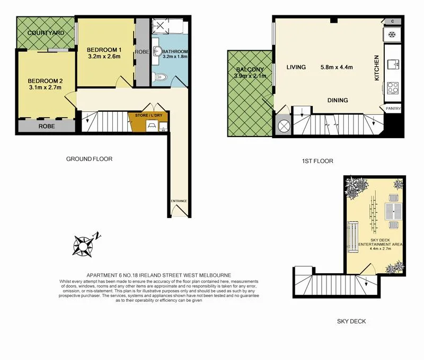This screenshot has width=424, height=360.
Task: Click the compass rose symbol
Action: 84,244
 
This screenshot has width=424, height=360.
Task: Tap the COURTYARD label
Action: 46,33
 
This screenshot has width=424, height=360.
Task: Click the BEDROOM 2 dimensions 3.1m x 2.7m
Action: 46,88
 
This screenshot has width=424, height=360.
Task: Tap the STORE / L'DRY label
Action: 148,115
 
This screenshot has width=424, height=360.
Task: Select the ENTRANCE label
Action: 179,201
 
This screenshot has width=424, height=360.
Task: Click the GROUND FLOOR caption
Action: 89,159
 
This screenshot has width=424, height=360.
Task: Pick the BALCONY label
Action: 248,69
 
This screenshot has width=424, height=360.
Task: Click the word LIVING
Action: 296,67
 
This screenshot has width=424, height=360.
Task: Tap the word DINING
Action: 337,100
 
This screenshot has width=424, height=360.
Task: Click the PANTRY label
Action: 393,109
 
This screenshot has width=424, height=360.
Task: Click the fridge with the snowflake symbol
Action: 392,35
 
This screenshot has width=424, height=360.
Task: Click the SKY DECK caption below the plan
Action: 351,321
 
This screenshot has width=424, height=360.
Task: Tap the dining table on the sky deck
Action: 394,211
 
